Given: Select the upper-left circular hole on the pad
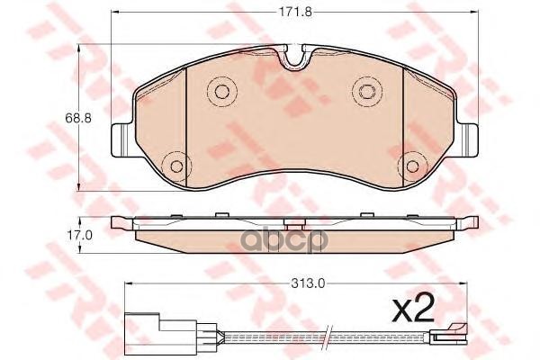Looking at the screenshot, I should [218, 90].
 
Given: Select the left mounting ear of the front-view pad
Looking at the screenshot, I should [121, 139].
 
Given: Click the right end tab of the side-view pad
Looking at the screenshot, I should [467, 221].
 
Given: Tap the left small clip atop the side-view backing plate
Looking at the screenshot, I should [220, 214].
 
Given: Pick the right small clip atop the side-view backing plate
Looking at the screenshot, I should [367, 214].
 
